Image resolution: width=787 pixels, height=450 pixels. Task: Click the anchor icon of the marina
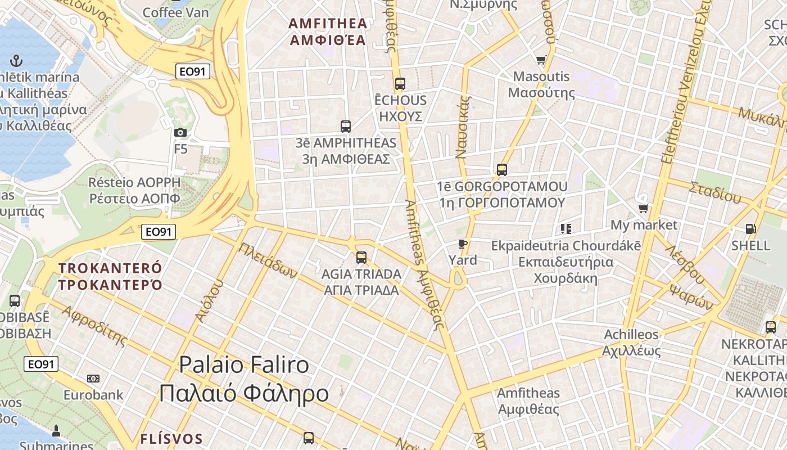(x=17, y=60)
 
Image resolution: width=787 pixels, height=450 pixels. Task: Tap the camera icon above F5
(x=180, y=132)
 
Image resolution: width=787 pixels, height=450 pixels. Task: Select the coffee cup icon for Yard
(x=463, y=244)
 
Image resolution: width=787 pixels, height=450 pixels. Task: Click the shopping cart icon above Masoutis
(x=541, y=60)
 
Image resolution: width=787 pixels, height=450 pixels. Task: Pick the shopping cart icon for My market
(x=644, y=208)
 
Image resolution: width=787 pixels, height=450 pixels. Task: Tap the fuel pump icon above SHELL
(x=750, y=229)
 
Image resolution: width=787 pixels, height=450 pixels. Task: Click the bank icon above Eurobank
(x=93, y=379)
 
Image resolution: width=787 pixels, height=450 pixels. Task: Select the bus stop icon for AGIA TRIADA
(x=361, y=258)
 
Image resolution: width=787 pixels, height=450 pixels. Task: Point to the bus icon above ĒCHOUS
(x=400, y=84)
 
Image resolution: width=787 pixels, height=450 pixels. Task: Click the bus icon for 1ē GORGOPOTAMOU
(x=502, y=169)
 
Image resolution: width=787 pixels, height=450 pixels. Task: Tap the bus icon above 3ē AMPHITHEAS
(x=346, y=127)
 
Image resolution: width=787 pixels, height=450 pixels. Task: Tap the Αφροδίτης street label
(x=94, y=326)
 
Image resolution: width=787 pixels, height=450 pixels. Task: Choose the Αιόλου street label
(x=209, y=301)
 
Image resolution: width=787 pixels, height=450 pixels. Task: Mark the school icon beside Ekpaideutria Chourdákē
(x=566, y=228)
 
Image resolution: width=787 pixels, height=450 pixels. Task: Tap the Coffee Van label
(x=175, y=12)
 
